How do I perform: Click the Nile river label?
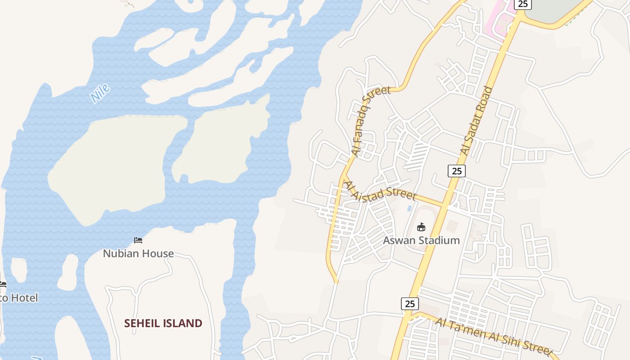click(100, 94)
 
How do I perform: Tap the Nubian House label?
click(138, 254)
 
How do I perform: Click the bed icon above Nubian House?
click(138, 240)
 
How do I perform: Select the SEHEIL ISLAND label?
click(163, 323)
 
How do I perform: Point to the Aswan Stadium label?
click(421, 240)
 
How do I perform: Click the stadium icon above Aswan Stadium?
click(421, 227)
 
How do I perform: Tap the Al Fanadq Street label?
click(371, 121)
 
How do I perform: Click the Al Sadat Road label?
click(477, 121)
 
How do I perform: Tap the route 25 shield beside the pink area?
click(522, 4)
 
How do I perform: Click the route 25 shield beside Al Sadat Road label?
click(456, 171)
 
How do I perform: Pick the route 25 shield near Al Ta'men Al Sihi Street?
click(409, 304)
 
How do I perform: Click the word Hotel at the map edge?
click(24, 298)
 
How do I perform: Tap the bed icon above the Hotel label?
click(3, 284)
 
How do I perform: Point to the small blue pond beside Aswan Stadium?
click(409, 208)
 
